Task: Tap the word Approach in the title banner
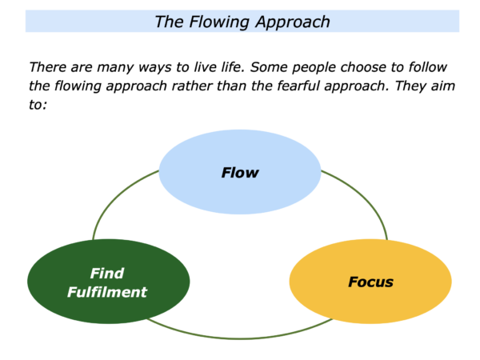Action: pos(293,22)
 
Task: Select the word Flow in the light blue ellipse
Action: pos(240,173)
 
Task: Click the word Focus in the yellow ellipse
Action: pos(370,282)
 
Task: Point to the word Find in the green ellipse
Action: pos(107,274)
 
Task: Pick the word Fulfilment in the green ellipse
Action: pos(107,292)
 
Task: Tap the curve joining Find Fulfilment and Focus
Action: pos(240,338)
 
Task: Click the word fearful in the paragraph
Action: pos(298,86)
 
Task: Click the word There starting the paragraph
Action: pos(47,67)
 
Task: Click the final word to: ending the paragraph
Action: pos(38,105)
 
